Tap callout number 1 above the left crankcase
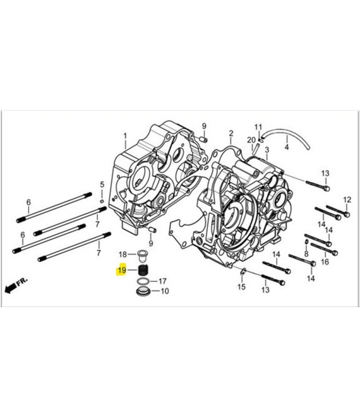point(125,135)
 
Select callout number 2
point(231,133)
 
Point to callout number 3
point(267,150)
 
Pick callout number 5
point(102,184)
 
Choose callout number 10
point(164,291)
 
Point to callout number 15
point(241,287)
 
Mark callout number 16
point(325,261)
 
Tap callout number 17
point(162,281)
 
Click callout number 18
point(123,253)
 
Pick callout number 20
point(251,140)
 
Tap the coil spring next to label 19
point(143,270)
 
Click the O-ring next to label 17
point(144,281)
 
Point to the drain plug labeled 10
point(144,293)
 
